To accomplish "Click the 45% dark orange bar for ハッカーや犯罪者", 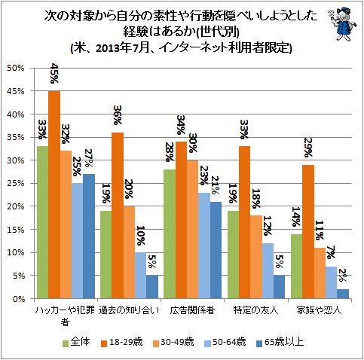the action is pyautogui.click(x=54, y=194).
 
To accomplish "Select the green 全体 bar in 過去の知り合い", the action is pyautogui.click(x=106, y=255).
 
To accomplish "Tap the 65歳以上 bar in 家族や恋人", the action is pyautogui.click(x=343, y=294).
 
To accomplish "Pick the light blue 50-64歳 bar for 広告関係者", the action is pyautogui.click(x=204, y=246).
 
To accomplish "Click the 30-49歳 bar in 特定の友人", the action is pyautogui.click(x=256, y=257).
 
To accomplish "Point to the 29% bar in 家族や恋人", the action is pyautogui.click(x=308, y=232).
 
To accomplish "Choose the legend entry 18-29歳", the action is pyautogui.click(x=122, y=342).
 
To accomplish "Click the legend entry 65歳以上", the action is pyautogui.click(x=280, y=342).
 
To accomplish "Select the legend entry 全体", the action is pyautogui.click(x=76, y=342).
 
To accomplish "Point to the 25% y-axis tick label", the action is pyautogui.click(x=16, y=183).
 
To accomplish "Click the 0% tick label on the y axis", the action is pyautogui.click(x=19, y=299).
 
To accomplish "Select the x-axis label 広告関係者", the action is pyautogui.click(x=192, y=310).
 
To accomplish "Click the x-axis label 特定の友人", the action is pyautogui.click(x=255, y=310).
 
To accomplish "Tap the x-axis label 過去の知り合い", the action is pyautogui.click(x=129, y=310).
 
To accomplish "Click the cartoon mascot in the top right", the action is pyautogui.click(x=342, y=24).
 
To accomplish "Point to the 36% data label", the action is pyautogui.click(x=118, y=115).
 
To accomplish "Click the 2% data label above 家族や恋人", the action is pyautogui.click(x=343, y=276).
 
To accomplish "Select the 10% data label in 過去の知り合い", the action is pyautogui.click(x=141, y=236).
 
